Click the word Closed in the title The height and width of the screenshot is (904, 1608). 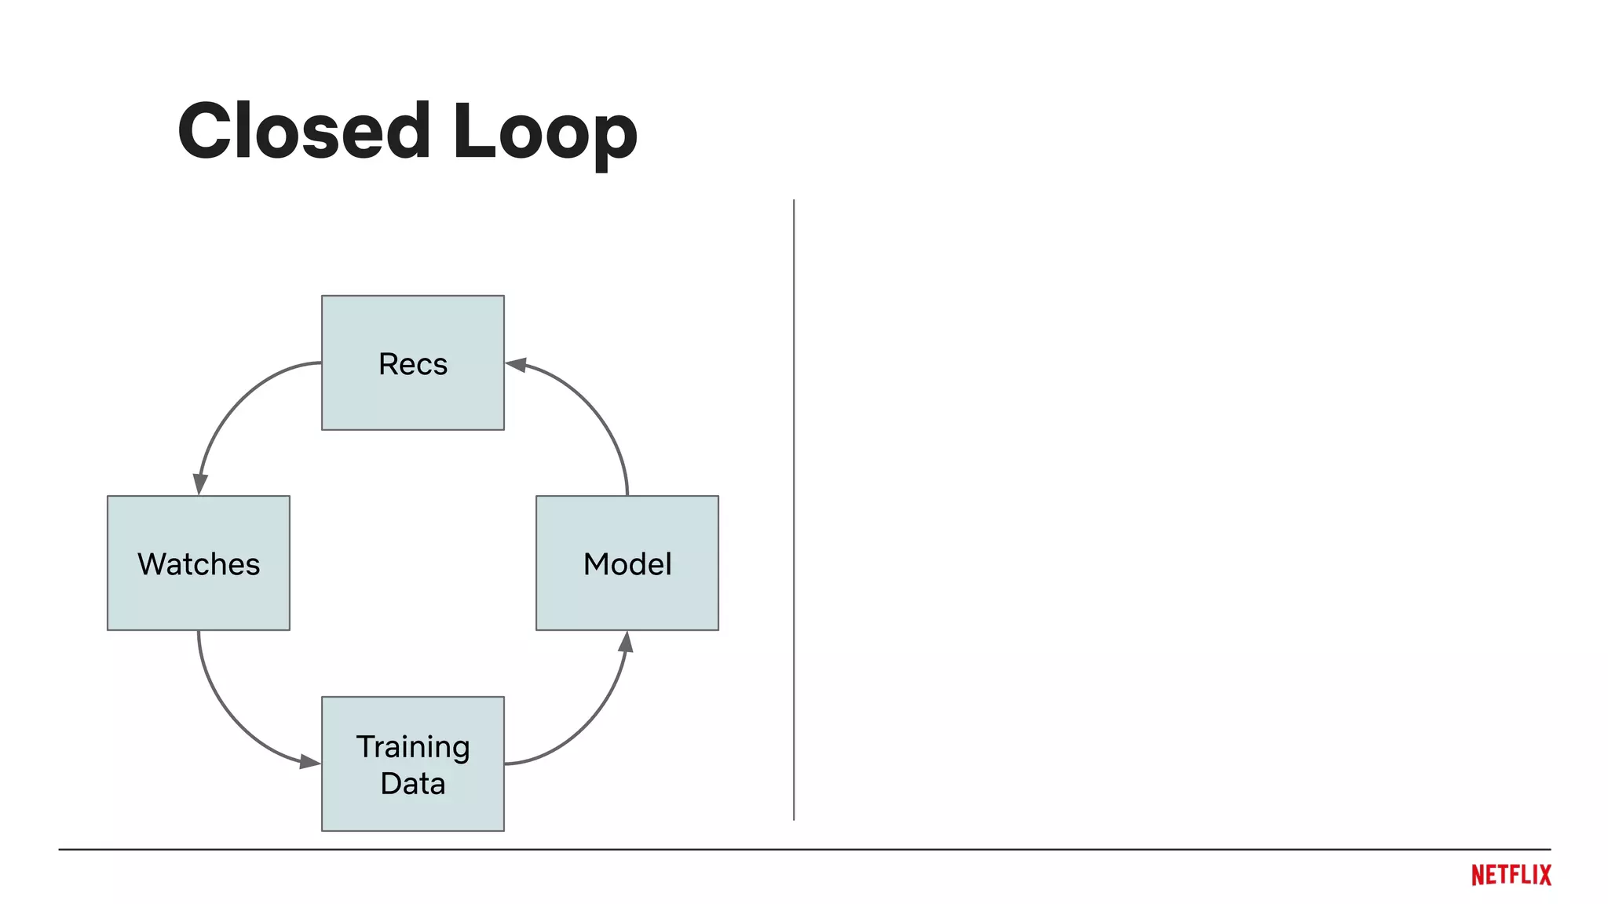click(x=304, y=131)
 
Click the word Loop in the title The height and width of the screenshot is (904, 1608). click(x=544, y=131)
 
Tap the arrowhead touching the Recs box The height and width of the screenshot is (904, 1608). click(x=516, y=365)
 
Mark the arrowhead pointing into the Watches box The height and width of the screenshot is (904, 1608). click(x=200, y=483)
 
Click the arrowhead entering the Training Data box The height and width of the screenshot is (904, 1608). click(x=309, y=760)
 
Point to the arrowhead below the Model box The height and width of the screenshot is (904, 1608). click(x=626, y=643)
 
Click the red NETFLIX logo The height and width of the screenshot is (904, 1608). click(x=1511, y=875)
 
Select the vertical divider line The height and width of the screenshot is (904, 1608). click(x=794, y=510)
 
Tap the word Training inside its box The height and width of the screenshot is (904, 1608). click(x=412, y=747)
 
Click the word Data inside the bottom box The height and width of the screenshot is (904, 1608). click(x=412, y=784)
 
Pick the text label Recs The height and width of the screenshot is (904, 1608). click(x=412, y=364)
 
